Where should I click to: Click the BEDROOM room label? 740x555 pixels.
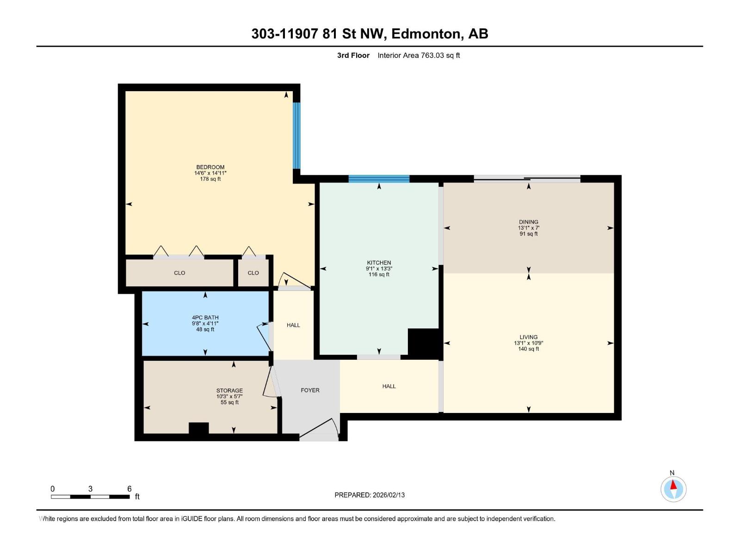click(x=210, y=167)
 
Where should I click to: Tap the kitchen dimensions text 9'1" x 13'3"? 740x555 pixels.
click(x=379, y=269)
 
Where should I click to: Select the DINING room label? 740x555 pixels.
click(x=528, y=222)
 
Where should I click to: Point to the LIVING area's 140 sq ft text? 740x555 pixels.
click(x=528, y=349)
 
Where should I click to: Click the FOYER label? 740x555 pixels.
click(x=310, y=390)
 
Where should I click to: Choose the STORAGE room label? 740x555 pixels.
click(x=229, y=391)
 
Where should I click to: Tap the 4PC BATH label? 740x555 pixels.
click(x=205, y=318)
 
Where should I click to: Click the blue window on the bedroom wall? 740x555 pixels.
click(x=296, y=136)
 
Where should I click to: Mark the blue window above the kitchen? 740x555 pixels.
click(x=379, y=179)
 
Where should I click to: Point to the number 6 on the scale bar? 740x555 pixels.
click(x=129, y=489)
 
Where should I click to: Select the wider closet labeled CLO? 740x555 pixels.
click(x=179, y=273)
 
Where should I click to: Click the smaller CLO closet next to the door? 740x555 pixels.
click(x=253, y=273)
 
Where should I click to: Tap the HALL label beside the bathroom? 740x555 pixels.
click(x=293, y=325)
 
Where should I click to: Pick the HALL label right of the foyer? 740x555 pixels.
click(x=389, y=386)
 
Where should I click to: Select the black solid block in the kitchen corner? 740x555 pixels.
click(x=423, y=342)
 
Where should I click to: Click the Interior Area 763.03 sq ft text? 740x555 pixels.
click(x=419, y=55)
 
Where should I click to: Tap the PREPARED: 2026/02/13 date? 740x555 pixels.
click(x=370, y=495)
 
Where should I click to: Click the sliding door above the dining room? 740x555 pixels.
click(x=527, y=179)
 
